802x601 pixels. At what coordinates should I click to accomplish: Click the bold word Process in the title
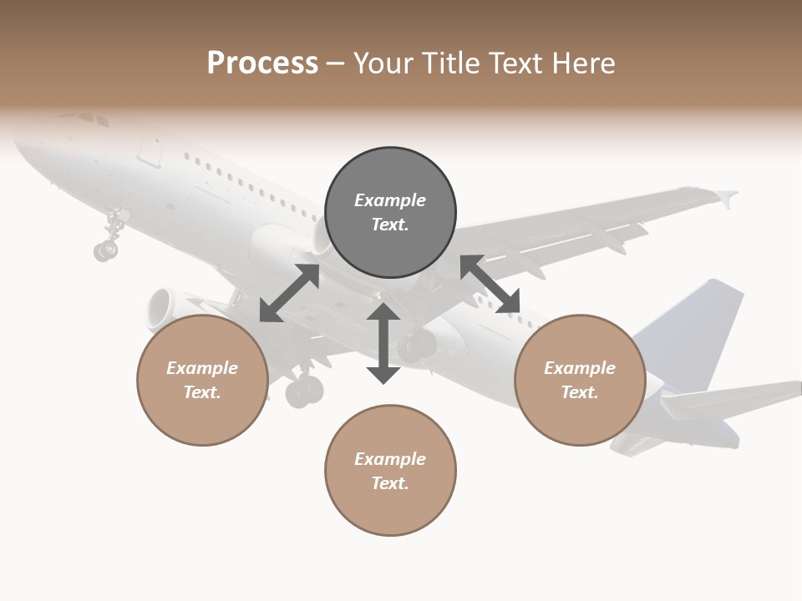click(262, 63)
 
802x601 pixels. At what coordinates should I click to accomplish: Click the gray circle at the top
click(390, 213)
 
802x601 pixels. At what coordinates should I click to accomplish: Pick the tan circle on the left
click(202, 381)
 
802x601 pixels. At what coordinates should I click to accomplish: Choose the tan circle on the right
click(580, 381)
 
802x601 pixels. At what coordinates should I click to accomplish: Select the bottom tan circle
click(390, 471)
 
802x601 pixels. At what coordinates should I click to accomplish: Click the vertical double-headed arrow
click(383, 343)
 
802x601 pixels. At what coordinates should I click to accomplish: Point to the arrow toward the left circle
click(289, 293)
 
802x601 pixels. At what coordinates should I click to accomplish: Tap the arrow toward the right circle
click(490, 284)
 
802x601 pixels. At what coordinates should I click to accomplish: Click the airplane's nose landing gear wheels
click(106, 249)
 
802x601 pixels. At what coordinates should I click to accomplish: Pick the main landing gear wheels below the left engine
click(304, 390)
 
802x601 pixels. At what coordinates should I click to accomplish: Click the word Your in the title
click(382, 63)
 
